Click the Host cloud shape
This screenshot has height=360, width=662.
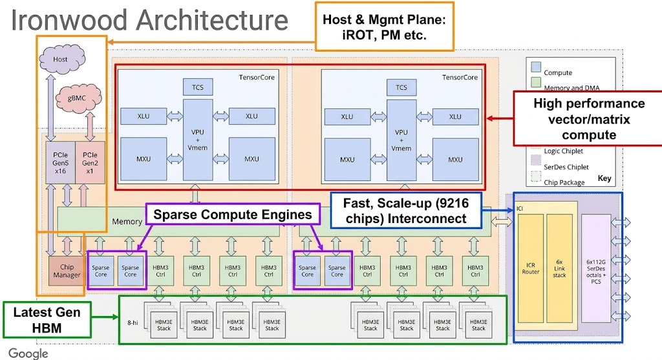point(60,59)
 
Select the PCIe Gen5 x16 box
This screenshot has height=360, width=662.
point(60,163)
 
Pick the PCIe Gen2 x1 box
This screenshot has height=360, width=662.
point(91,163)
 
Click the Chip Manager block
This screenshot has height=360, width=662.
point(67,271)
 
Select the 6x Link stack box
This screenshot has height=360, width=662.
point(559,271)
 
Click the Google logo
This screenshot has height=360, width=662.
point(28,353)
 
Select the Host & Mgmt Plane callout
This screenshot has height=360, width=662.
point(385,27)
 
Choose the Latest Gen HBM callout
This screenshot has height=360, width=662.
point(47,320)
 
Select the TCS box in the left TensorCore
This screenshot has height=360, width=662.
point(198,87)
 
